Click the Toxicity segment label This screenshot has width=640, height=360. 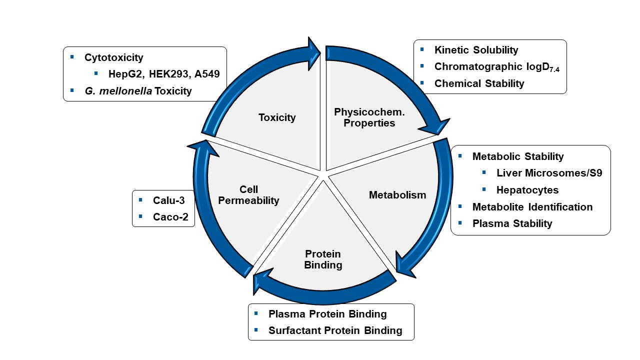click(277, 118)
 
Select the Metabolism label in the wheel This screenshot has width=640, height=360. click(397, 195)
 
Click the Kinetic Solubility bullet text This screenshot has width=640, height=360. click(476, 50)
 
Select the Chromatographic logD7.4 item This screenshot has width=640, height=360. click(496, 67)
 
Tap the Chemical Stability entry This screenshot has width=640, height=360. click(479, 83)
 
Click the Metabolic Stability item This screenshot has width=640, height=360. click(518, 156)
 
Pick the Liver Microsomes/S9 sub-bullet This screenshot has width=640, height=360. click(549, 173)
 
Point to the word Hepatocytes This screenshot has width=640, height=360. click(527, 190)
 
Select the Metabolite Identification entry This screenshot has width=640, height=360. click(532, 207)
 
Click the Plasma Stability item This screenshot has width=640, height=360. click(512, 223)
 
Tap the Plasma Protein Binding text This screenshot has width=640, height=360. click(327, 314)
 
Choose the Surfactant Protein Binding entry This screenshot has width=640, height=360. click(335, 330)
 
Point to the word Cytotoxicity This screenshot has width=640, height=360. click(113, 57)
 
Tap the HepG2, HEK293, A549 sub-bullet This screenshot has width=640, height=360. click(164, 74)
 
